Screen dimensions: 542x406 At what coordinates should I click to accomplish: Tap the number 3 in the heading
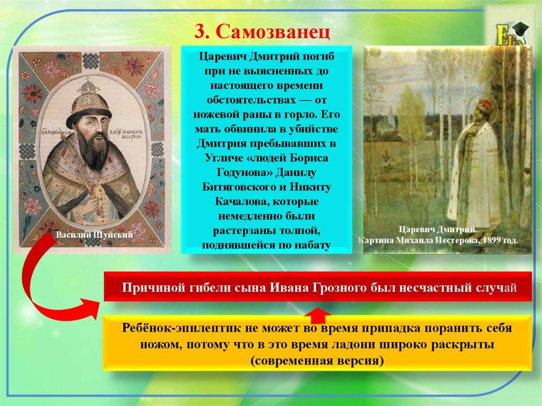[200, 32]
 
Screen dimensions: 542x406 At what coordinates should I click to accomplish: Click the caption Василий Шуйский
[94, 235]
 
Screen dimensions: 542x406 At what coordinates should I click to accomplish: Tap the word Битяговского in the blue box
[244, 187]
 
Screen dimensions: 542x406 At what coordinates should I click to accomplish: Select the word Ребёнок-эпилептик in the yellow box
[181, 328]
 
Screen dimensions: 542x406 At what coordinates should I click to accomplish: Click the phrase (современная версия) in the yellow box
[317, 360]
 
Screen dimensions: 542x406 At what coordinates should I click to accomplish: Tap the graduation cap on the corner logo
[519, 30]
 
